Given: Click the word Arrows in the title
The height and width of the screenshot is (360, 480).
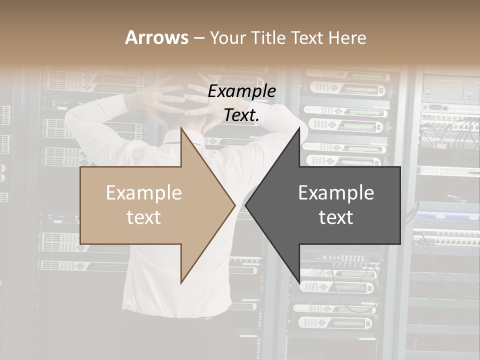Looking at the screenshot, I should point(157,37).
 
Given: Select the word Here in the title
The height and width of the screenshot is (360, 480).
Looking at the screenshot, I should point(347,37).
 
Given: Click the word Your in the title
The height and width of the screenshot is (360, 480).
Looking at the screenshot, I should point(228,38).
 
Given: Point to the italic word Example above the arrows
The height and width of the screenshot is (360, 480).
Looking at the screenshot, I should point(241,91).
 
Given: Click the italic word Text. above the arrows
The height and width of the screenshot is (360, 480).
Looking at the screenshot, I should point(241,115).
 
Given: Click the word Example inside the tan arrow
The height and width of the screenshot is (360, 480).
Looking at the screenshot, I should point(144,193).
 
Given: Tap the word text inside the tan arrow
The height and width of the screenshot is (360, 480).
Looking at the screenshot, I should point(144,217).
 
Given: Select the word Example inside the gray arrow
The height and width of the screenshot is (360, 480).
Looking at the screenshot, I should point(336,193).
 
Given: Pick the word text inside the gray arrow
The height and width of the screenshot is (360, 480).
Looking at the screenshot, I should point(336,217).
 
